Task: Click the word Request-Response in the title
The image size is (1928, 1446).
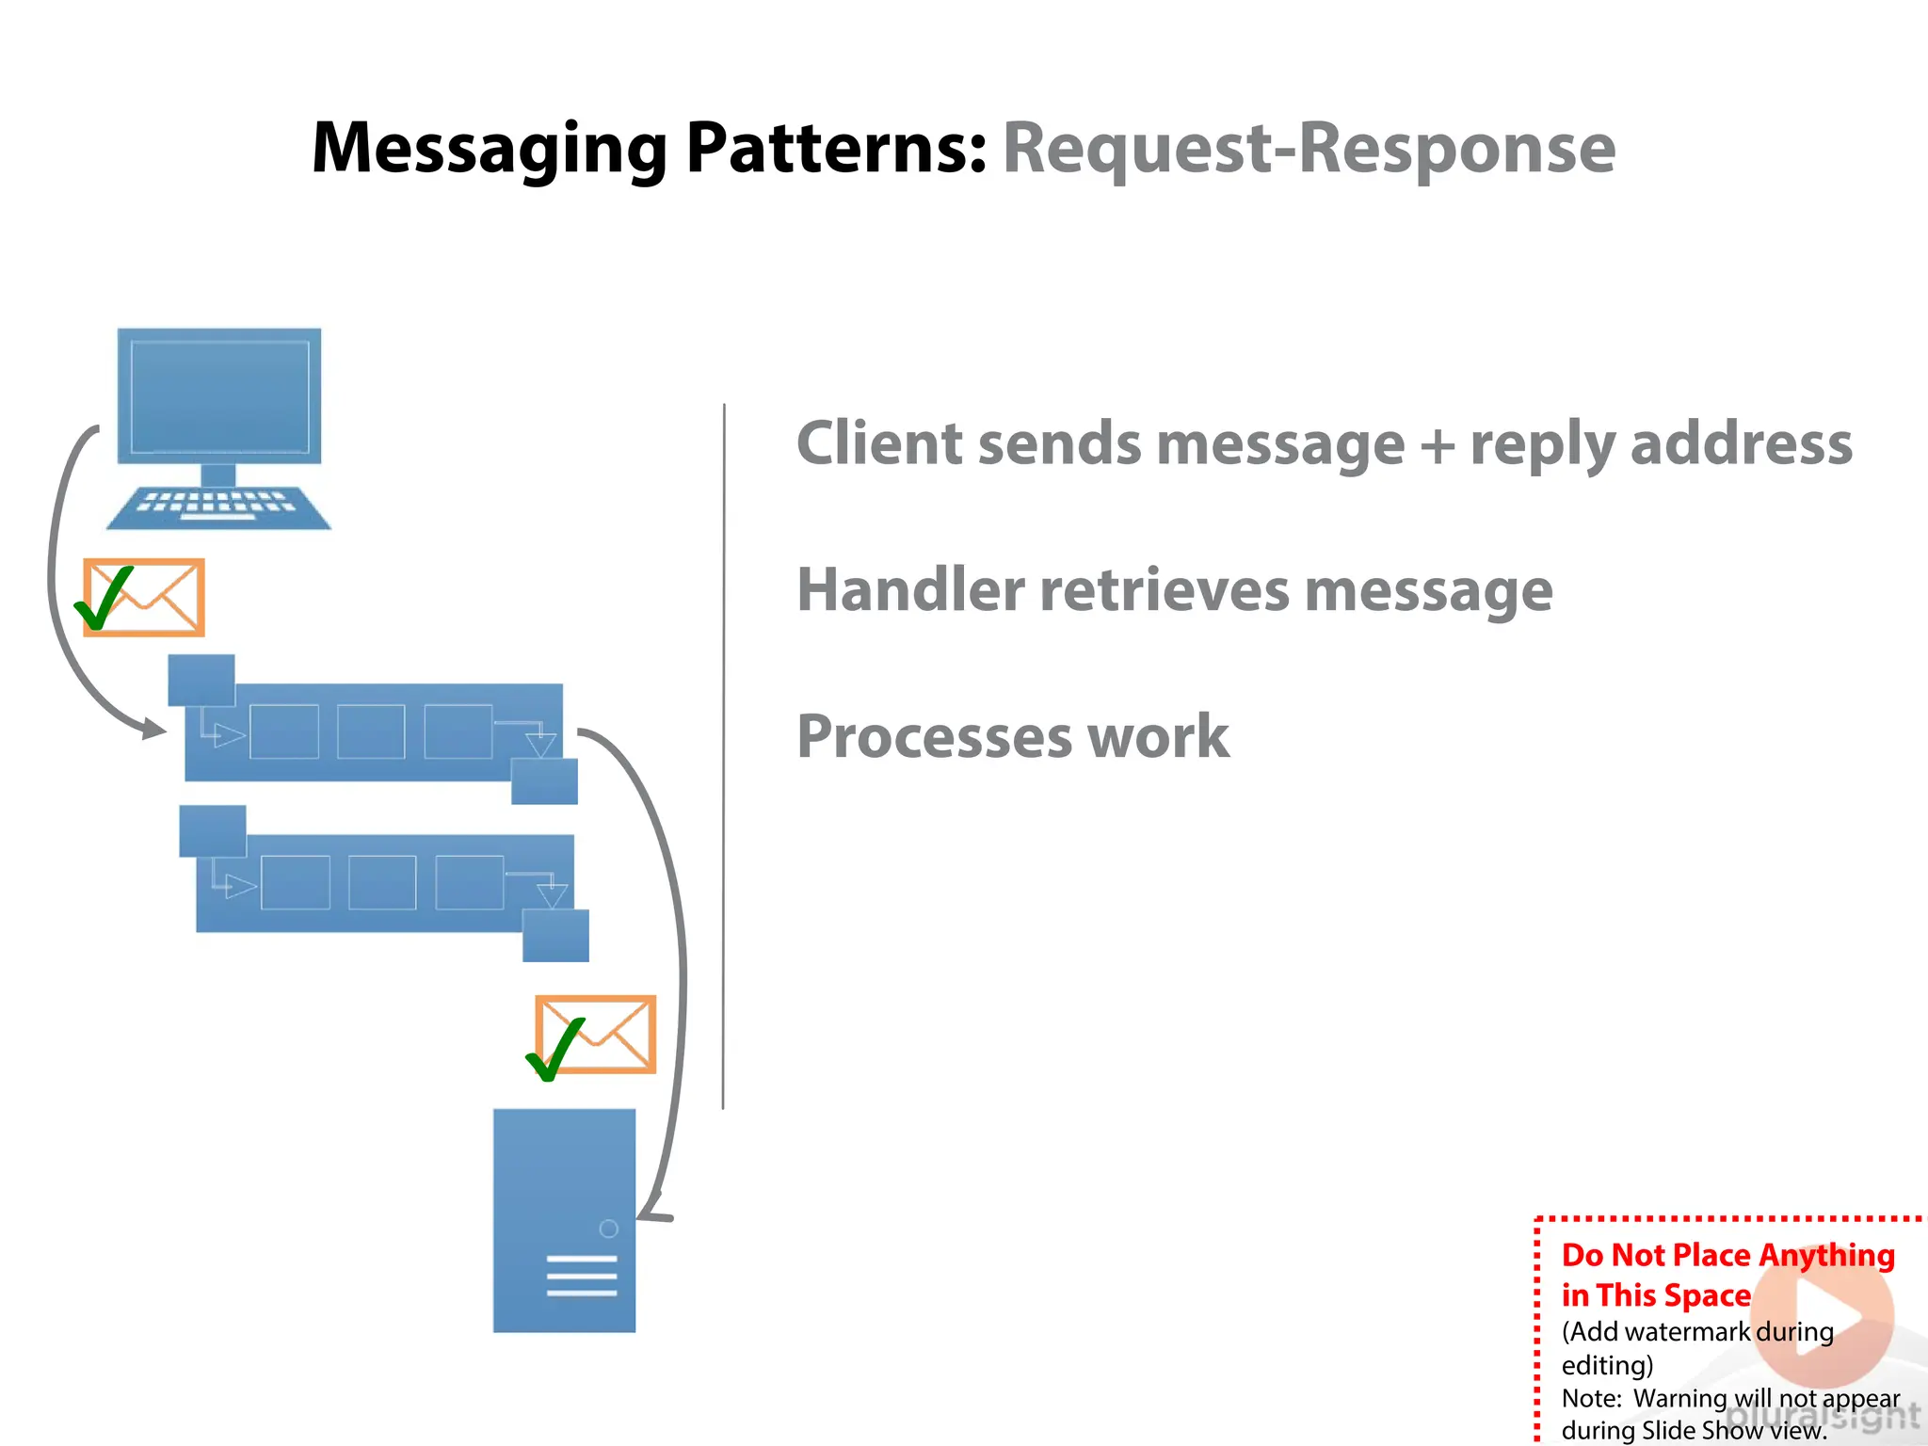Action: pyautogui.click(x=1309, y=149)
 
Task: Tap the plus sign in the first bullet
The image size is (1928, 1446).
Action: pyautogui.click(x=1438, y=445)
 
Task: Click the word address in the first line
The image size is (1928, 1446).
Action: pyautogui.click(x=1741, y=444)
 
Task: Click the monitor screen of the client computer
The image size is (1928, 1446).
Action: pyautogui.click(x=219, y=396)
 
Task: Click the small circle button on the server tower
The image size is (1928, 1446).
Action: pyautogui.click(x=608, y=1229)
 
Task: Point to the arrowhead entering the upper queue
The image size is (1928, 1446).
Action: pyautogui.click(x=153, y=728)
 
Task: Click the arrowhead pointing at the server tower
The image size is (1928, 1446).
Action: pyautogui.click(x=650, y=1214)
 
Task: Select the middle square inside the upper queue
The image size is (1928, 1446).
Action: pyautogui.click(x=371, y=731)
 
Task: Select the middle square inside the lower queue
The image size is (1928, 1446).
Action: pyautogui.click(x=382, y=882)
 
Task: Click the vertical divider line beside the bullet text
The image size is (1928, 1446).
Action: pyautogui.click(x=723, y=753)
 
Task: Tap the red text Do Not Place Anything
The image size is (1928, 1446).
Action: pyautogui.click(x=1727, y=1255)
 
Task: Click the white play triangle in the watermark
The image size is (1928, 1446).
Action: pyautogui.click(x=1827, y=1317)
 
